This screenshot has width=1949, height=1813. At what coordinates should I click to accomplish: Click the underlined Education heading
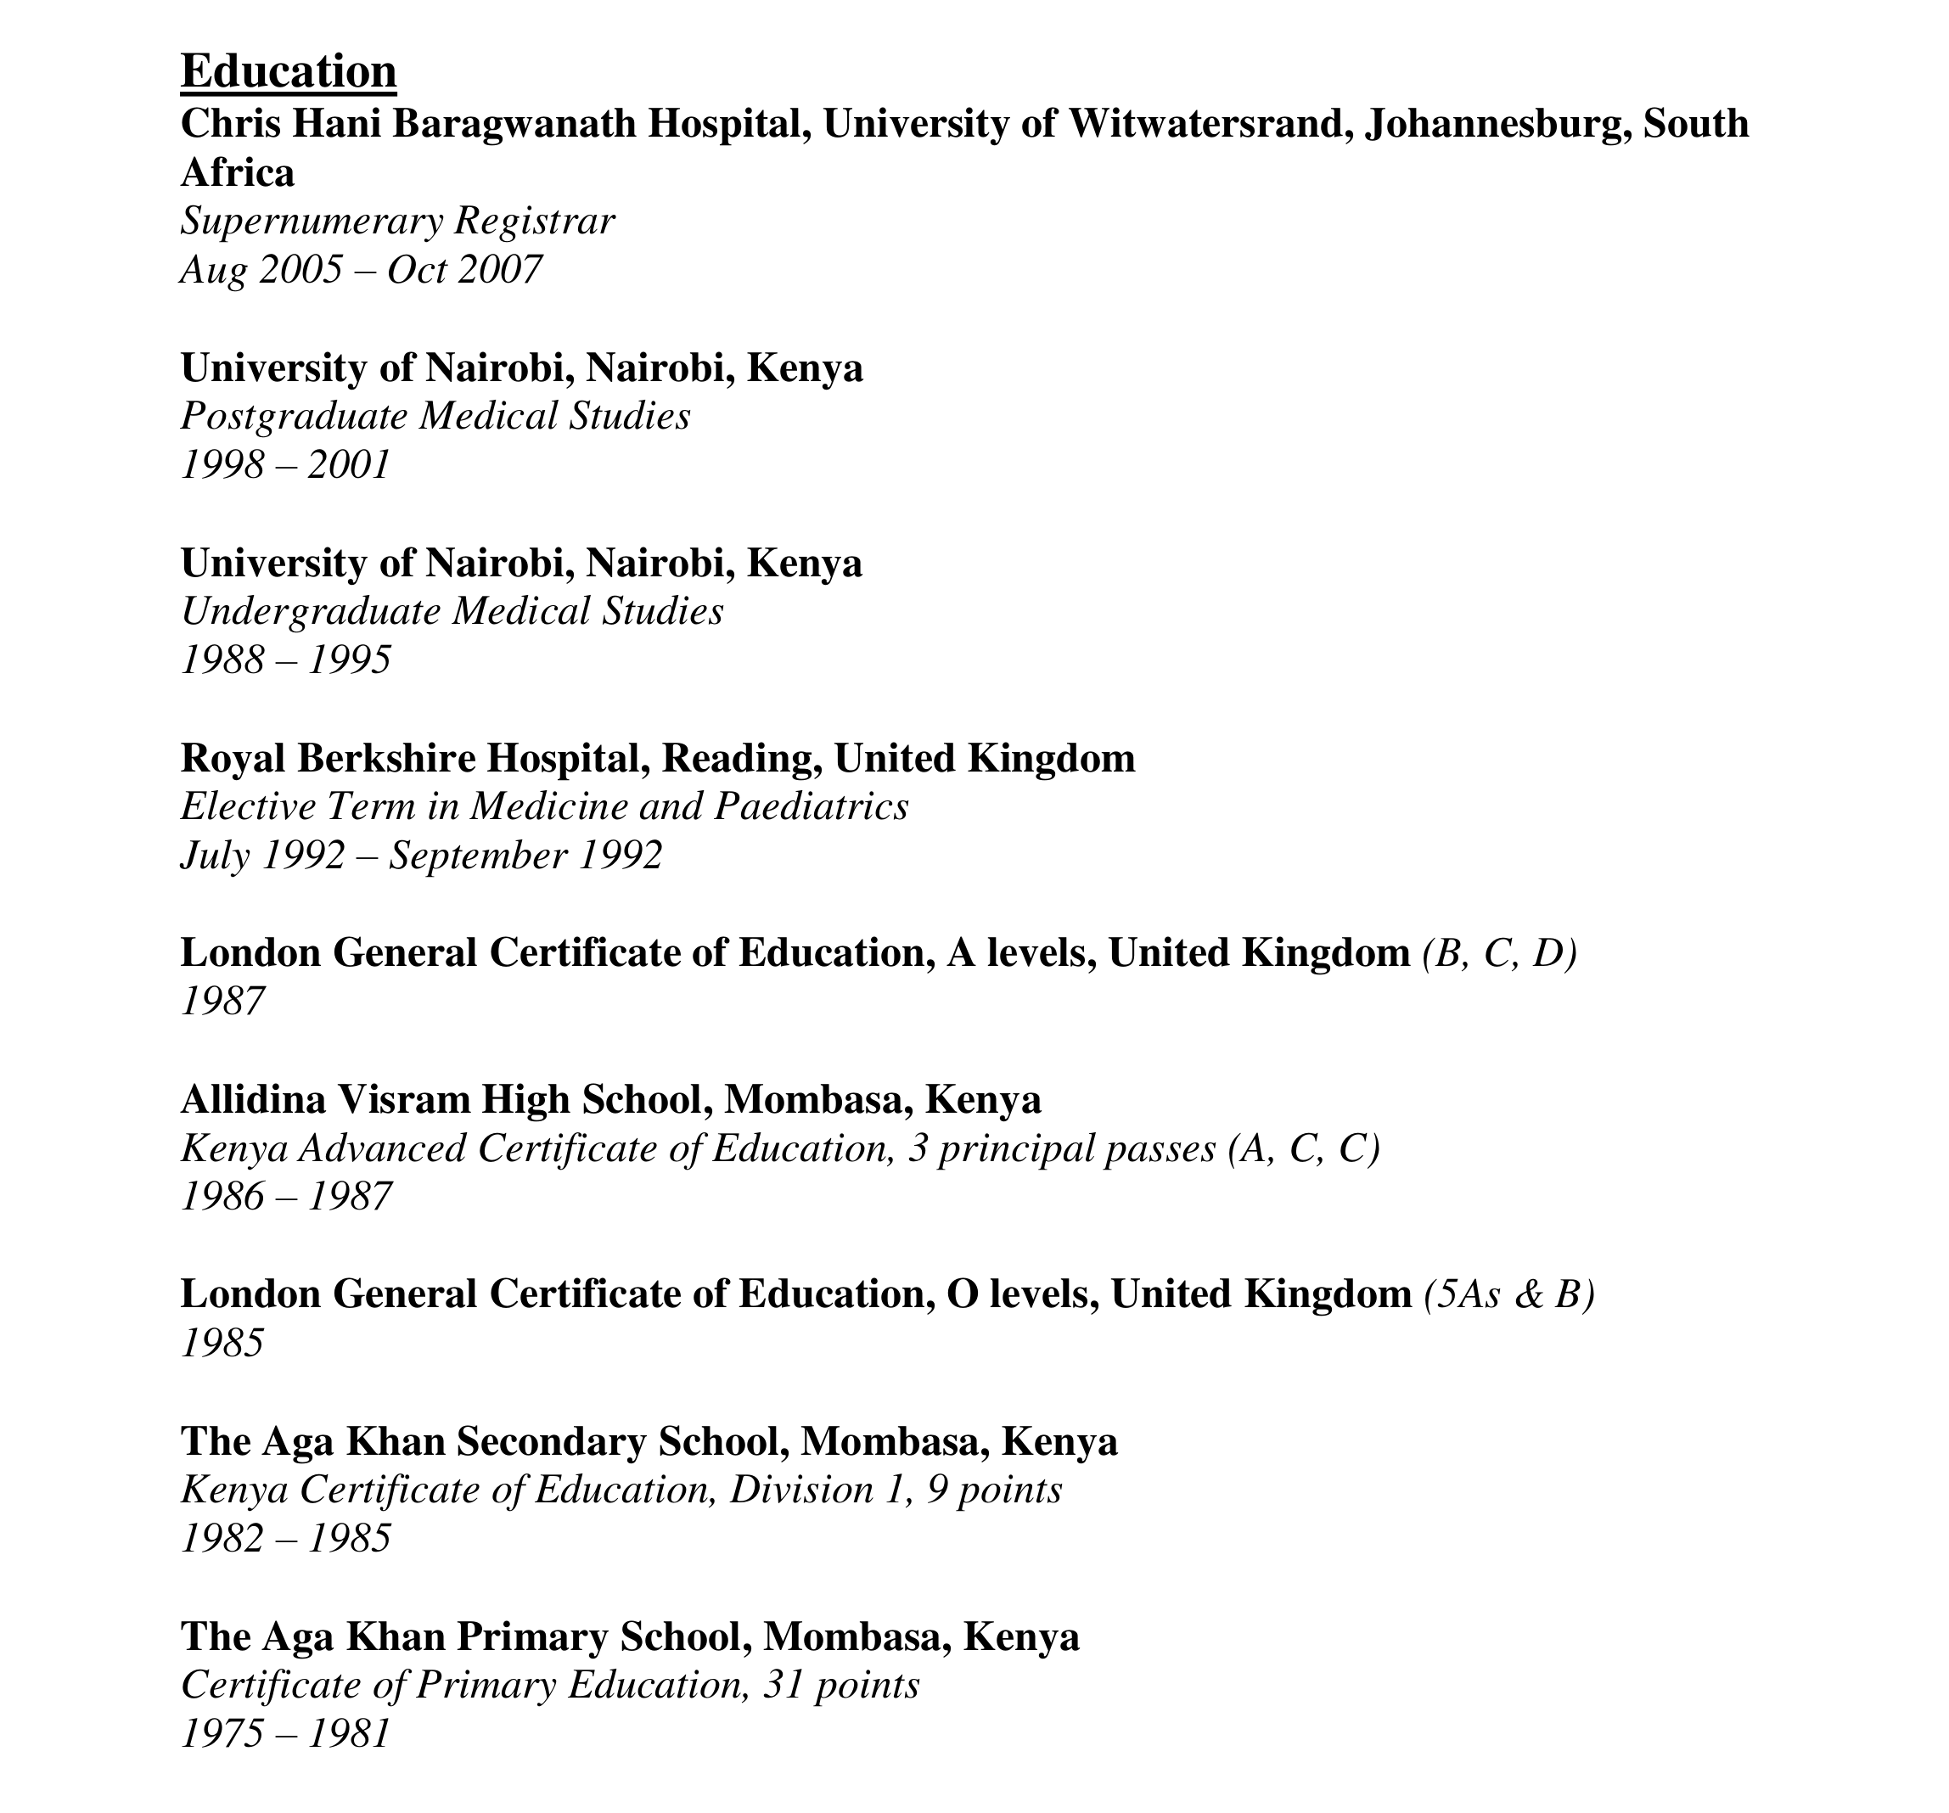coord(289,72)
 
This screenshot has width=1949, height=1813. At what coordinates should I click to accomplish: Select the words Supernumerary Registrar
coord(397,222)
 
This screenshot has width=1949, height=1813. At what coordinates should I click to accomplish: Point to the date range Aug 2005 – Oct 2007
coord(361,270)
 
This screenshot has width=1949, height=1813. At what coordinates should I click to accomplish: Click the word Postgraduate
coord(293,417)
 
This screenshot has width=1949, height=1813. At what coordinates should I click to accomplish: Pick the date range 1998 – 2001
coord(285,465)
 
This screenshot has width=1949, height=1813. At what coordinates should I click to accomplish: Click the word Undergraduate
coord(310,612)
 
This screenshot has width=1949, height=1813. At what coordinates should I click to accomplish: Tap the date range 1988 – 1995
coord(285,660)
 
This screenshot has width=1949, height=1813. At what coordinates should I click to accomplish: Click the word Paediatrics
coord(811,807)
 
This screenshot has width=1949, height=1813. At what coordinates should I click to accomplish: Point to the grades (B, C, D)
coord(1499,953)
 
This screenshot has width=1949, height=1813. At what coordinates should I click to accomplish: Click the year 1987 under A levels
coord(222,1001)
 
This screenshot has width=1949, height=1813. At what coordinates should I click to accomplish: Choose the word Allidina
coord(253,1100)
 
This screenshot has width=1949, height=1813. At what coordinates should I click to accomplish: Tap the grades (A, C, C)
coord(1304,1148)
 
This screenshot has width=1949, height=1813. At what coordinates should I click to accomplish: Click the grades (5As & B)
coord(1508,1294)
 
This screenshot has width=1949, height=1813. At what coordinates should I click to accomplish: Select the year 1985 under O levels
coord(222,1342)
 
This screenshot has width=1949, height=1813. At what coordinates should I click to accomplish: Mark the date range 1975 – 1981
coord(285,1733)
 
